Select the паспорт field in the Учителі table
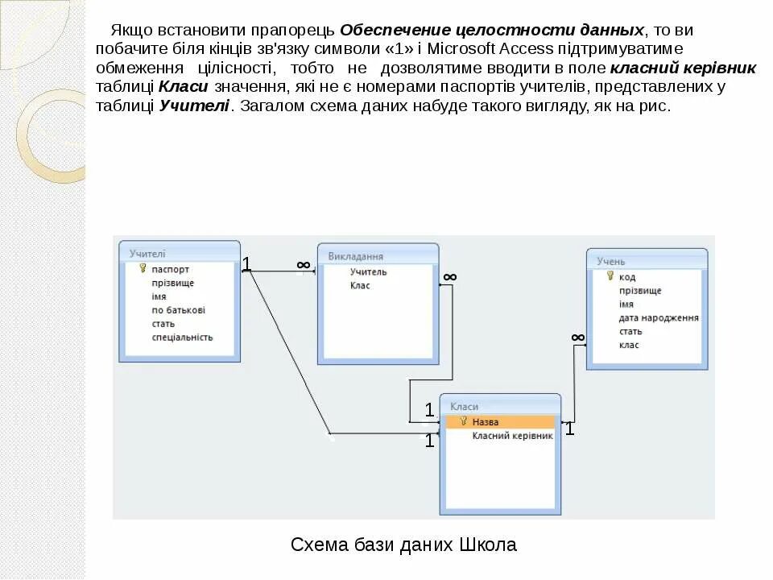tap(170, 269)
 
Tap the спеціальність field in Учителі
tap(182, 337)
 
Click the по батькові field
tap(178, 309)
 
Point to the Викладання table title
tap(355, 256)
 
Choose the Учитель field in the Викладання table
tap(368, 271)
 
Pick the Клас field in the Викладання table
tap(360, 285)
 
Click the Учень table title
tap(611, 261)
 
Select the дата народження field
tap(658, 317)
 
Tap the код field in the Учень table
tap(627, 276)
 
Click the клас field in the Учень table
tap(629, 345)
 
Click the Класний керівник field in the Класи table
tap(512, 436)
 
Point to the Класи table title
tap(465, 407)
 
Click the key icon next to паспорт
tap(143, 269)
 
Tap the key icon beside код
tap(610, 276)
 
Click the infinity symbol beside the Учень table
tap(578, 337)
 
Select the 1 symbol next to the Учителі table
tap(247, 263)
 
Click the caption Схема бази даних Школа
tap(403, 545)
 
